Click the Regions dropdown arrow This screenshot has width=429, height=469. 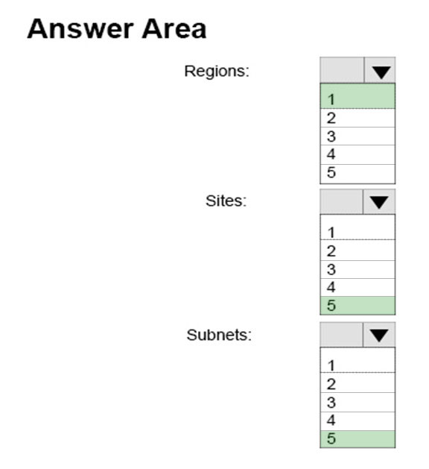[381, 72]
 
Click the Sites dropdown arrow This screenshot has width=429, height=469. [379, 202]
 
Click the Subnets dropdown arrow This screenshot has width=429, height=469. [379, 336]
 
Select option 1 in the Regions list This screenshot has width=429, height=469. [357, 96]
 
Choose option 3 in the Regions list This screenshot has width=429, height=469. [357, 136]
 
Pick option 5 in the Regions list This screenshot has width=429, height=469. [357, 174]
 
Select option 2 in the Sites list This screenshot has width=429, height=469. [357, 251]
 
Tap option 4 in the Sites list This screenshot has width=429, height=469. [357, 288]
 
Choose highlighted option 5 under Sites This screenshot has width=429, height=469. [357, 306]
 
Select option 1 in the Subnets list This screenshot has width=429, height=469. [357, 360]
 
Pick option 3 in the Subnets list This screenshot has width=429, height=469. [357, 403]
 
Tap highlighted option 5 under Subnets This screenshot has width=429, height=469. [357, 439]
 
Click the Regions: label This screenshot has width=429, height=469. [217, 72]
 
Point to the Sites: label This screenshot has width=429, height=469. [226, 201]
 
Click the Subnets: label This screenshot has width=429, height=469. [219, 335]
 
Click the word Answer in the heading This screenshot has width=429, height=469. [80, 29]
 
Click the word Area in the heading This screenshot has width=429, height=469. [174, 29]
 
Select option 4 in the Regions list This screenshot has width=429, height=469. [357, 154]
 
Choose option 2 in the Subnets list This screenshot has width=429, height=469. [357, 383]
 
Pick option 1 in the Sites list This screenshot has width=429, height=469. [357, 227]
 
